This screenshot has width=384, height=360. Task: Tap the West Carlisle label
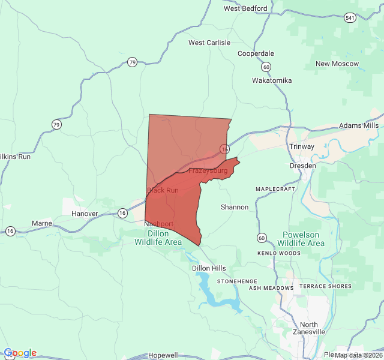coord(209,43)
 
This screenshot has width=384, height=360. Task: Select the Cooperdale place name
coord(256,53)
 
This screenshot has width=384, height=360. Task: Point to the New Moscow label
coord(337,64)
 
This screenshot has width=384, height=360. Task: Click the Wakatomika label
coord(272,80)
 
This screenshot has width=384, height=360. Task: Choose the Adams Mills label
coord(359,125)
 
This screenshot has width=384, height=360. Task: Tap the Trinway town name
coord(302,146)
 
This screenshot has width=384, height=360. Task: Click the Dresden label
coord(302,165)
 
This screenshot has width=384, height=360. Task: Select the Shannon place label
coord(235,207)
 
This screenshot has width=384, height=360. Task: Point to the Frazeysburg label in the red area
coord(208,171)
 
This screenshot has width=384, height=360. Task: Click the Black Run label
coord(163,190)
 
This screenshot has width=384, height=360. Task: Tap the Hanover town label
coord(84,214)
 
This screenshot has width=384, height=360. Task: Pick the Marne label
coord(42,223)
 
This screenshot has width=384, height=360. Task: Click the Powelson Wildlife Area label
coord(301,239)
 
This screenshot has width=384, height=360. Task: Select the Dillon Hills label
coord(209,268)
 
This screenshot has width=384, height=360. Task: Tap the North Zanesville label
coord(309,328)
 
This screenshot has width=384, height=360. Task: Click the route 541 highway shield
coord(350,18)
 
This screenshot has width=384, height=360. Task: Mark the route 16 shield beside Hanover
coord(122,213)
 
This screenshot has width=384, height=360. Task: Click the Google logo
coord(20,353)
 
